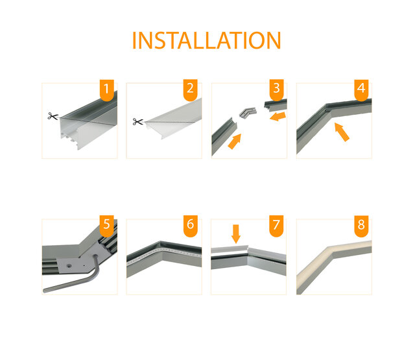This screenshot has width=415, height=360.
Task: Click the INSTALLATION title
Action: (206, 40)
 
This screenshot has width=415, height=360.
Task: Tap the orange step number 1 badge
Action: (108, 90)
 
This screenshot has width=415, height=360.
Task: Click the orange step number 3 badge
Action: (277, 90)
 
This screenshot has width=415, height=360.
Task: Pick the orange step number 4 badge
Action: (361, 90)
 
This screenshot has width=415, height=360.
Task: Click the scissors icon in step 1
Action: (52, 116)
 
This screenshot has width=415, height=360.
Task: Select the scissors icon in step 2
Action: (137, 121)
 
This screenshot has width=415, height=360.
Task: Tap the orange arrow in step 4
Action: (343, 133)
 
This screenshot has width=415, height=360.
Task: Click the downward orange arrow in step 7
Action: (236, 234)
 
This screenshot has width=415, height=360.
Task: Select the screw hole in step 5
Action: (68, 265)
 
